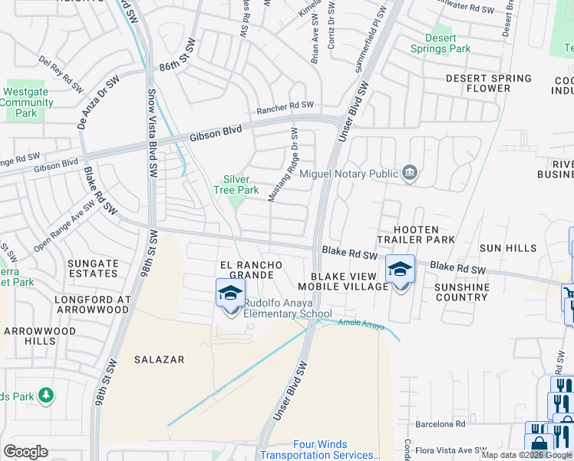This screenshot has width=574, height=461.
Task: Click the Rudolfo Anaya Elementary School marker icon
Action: (x=230, y=295)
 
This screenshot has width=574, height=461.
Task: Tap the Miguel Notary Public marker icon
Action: (x=411, y=171)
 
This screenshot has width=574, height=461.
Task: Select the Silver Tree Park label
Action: (x=236, y=184)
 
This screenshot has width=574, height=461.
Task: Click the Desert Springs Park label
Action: (x=448, y=43)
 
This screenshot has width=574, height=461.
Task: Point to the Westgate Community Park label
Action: (x=27, y=102)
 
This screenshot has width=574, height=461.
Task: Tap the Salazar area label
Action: (x=157, y=359)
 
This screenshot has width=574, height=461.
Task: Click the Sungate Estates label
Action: (x=93, y=268)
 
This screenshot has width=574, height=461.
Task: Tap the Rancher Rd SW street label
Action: (x=285, y=105)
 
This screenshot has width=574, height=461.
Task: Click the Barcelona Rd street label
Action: (x=440, y=423)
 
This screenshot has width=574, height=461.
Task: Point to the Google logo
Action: (x=25, y=452)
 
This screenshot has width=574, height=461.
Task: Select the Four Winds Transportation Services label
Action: (x=321, y=449)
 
